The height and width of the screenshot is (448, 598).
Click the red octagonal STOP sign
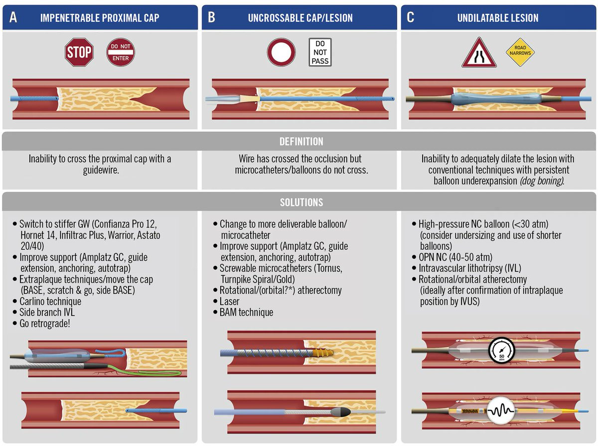click(x=79, y=52)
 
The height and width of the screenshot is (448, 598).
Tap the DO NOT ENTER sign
click(x=121, y=52)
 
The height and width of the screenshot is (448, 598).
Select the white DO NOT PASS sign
click(x=320, y=52)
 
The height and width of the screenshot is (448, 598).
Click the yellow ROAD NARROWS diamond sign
click(x=520, y=52)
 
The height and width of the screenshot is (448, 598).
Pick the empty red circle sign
click(x=281, y=52)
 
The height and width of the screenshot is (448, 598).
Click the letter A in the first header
click(x=13, y=17)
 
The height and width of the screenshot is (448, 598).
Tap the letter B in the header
click(x=211, y=17)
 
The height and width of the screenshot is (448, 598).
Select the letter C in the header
click(x=410, y=17)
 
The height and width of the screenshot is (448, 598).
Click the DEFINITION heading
click(x=301, y=141)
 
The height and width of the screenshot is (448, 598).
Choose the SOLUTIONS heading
click(x=301, y=203)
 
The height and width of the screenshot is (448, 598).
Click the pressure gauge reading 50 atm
click(x=501, y=350)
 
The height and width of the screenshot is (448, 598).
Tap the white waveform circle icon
click(x=501, y=411)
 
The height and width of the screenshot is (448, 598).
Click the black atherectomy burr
click(x=340, y=412)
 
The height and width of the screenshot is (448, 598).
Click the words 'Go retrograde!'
click(x=45, y=324)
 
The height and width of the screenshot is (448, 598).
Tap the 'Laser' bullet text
click(x=229, y=301)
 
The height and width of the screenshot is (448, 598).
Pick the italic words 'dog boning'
click(x=541, y=181)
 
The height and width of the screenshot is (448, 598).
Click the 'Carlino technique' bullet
click(x=50, y=301)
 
